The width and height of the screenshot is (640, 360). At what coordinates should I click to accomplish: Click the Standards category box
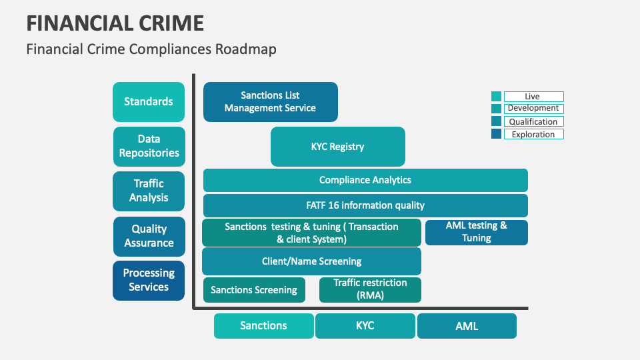tap(149, 102)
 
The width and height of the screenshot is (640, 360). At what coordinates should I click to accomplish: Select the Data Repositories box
tap(149, 146)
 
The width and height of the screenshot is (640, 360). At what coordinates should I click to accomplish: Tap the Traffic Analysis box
tap(149, 191)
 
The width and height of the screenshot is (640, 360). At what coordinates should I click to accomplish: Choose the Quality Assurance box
tap(149, 236)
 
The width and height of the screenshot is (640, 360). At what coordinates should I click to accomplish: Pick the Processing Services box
tap(149, 280)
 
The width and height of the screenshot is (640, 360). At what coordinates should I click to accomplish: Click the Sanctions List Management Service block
tap(270, 102)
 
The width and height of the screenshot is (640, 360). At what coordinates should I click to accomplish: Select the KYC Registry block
tap(337, 147)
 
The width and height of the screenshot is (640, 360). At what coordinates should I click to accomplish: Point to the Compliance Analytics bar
tap(365, 180)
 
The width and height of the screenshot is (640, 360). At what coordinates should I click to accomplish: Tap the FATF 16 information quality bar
tap(365, 205)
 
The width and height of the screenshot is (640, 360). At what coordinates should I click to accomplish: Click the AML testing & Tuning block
tap(476, 232)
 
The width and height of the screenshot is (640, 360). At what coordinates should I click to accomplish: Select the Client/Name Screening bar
tap(311, 261)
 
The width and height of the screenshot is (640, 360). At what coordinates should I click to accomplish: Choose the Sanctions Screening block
tap(254, 290)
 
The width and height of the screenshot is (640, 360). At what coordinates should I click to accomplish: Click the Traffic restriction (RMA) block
tap(370, 289)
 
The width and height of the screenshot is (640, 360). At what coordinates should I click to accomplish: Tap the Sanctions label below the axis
tap(263, 325)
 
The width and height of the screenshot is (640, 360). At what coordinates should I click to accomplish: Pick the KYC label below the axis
tap(365, 325)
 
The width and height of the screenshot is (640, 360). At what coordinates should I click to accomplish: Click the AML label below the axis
tap(467, 326)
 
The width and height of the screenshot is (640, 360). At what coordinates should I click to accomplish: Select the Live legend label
tap(533, 97)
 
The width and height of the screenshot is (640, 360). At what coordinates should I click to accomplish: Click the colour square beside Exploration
tap(496, 134)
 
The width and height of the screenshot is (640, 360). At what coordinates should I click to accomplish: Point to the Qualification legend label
tap(533, 121)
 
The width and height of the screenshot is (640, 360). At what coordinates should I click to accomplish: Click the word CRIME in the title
tap(161, 23)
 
